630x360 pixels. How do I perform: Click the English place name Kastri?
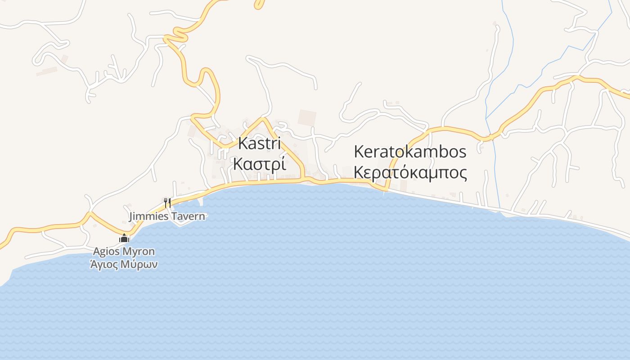coord(259,144)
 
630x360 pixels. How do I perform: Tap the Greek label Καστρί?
coord(259,164)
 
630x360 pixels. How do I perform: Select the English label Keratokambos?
coord(410,152)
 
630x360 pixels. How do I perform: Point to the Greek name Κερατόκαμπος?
coord(410,172)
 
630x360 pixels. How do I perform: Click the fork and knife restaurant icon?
coord(167,202)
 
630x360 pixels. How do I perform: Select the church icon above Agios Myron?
coord(124,238)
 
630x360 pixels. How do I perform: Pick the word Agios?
coord(106,251)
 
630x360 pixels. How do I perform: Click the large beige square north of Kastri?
coord(307,118)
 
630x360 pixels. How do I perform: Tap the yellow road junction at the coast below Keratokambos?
coord(386,189)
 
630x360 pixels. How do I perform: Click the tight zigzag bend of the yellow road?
coord(176,35)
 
